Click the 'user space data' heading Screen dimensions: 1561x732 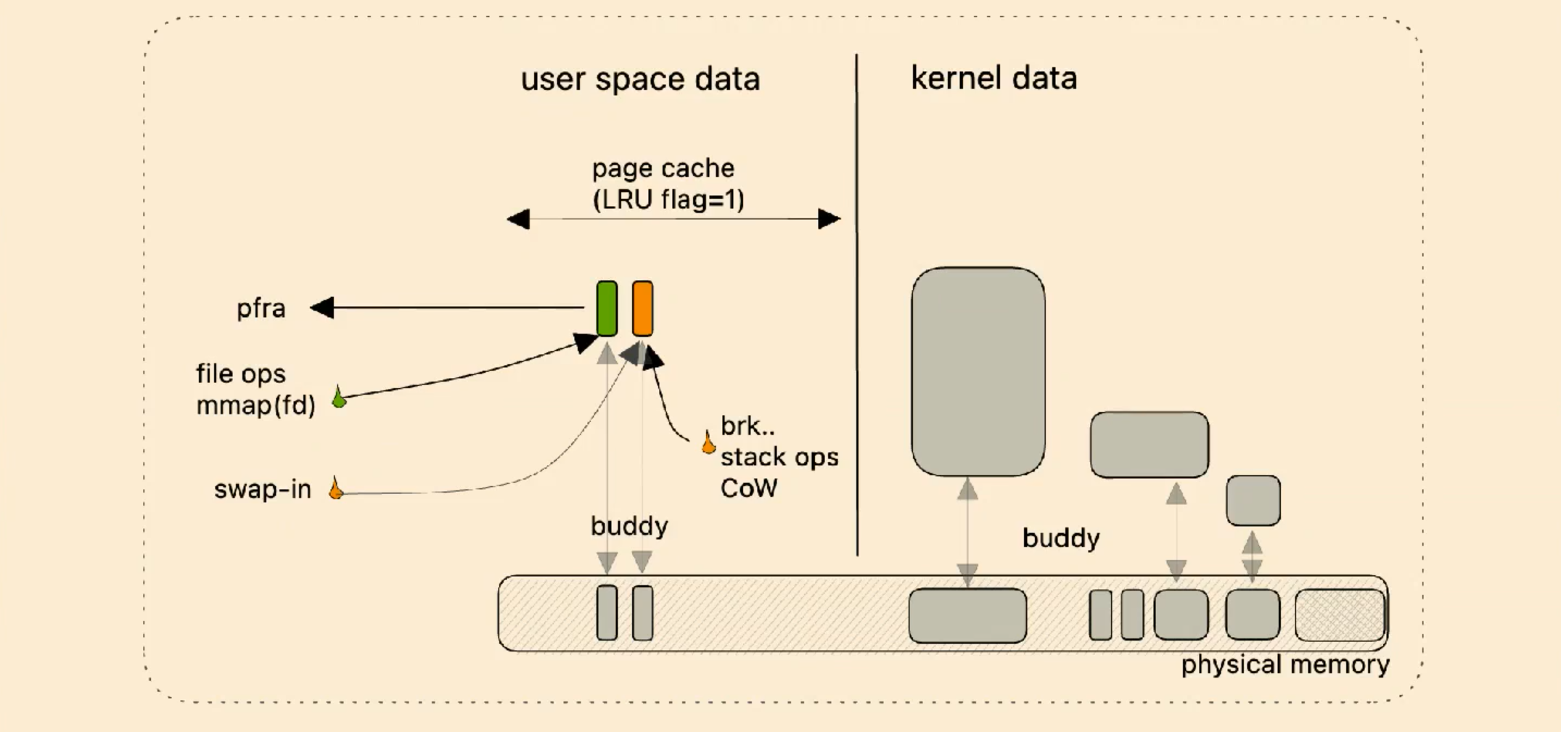[x=640, y=79]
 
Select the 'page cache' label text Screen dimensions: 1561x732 [x=663, y=169]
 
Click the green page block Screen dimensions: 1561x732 [x=607, y=308]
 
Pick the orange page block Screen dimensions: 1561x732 [x=642, y=308]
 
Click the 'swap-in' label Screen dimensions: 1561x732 [x=263, y=490]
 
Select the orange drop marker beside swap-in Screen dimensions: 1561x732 [x=335, y=488]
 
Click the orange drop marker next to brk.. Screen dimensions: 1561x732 [x=708, y=442]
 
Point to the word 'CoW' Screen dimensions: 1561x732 [x=749, y=488]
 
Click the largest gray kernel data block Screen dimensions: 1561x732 [x=978, y=371]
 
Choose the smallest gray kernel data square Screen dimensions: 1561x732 [x=1253, y=501]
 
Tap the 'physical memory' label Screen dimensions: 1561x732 [x=1285, y=665]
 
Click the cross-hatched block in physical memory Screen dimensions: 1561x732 [x=1340, y=615]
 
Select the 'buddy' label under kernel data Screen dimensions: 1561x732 [x=1061, y=539]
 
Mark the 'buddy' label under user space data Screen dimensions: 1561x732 [x=629, y=527]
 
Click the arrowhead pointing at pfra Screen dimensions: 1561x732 [x=321, y=308]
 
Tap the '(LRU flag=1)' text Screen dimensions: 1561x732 [x=668, y=200]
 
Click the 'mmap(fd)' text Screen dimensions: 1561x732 [x=256, y=406]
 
